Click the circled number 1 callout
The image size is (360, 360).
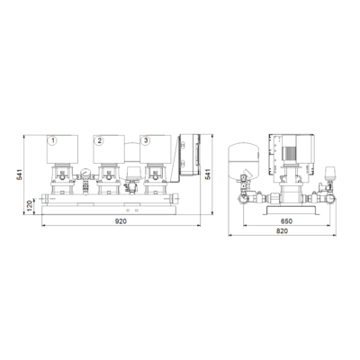click(x=53, y=140)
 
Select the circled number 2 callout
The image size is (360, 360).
click(x=99, y=140)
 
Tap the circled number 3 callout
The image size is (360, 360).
click(x=146, y=140)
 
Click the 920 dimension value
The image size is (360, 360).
click(x=121, y=221)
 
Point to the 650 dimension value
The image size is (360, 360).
click(x=286, y=221)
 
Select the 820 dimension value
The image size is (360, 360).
click(x=282, y=231)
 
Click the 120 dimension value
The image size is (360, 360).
click(x=30, y=206)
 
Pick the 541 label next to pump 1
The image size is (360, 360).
click(x=20, y=175)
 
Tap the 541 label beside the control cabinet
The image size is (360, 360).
click(x=208, y=175)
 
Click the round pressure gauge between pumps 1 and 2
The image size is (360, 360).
click(x=85, y=173)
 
